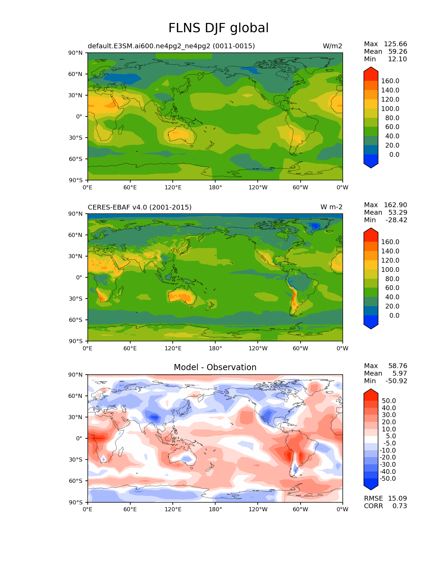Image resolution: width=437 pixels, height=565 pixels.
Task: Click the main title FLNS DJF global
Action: coord(218,28)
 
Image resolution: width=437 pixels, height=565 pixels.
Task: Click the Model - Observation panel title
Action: coord(215,367)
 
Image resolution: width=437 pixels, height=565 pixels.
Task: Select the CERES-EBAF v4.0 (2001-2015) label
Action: coord(139,208)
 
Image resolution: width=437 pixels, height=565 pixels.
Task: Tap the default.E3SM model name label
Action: coord(171,46)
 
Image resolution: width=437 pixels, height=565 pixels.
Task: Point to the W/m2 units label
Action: coord(332,46)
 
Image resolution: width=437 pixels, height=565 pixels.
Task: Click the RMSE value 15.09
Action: coord(397,499)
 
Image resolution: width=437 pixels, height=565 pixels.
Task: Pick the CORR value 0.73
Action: coord(400,506)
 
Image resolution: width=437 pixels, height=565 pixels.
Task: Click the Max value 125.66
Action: coord(395,44)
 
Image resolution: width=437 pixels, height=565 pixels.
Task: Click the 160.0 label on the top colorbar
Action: coord(390,81)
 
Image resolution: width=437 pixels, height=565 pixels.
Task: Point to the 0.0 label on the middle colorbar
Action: coord(394,316)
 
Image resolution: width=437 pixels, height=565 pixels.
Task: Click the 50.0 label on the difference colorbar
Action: coord(389,401)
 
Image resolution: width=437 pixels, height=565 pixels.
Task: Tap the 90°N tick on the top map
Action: coord(76,53)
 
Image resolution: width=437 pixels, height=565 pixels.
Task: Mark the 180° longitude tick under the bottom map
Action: coord(215,510)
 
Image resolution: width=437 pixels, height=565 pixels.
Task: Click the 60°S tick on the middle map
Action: coord(76,320)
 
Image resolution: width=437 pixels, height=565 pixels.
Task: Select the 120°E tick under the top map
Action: coord(173,188)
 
